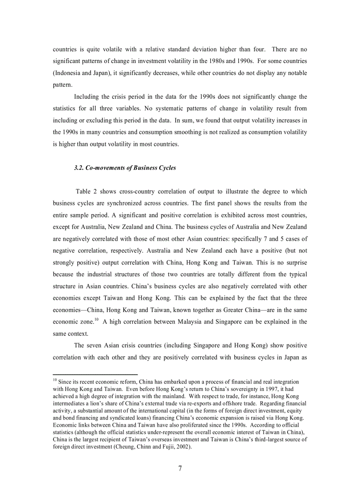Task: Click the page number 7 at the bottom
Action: (x=180, y=469)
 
